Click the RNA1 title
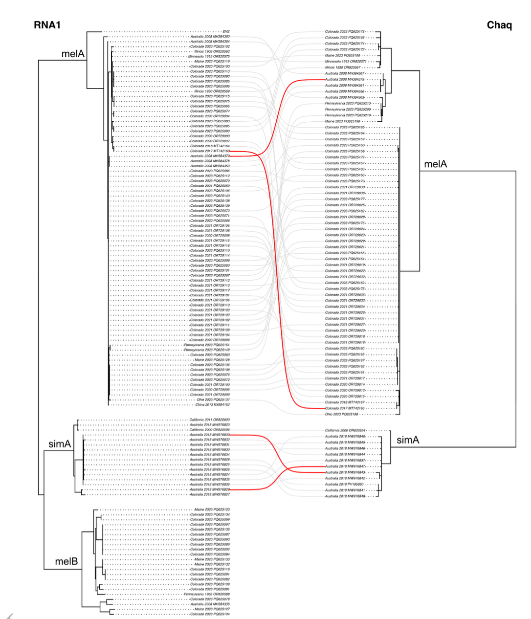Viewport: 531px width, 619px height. click(47, 25)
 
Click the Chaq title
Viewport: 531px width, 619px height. click(499, 25)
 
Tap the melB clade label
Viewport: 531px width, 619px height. click(66, 561)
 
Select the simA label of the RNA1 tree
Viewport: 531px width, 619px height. click(60, 444)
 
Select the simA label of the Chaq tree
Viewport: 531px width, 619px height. click(407, 440)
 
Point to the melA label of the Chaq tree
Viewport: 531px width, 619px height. click(435, 164)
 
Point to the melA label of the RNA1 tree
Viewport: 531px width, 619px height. click(73, 54)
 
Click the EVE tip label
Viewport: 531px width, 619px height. click(226, 31)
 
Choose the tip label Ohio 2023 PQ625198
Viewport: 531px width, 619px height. click(342, 414)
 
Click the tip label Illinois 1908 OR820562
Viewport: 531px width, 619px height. click(212, 51)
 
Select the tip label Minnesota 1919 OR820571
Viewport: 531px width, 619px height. click(345, 62)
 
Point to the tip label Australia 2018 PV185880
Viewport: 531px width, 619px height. click(344, 484)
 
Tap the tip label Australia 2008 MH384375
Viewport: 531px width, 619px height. click(344, 79)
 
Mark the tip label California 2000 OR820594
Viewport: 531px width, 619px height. click(345, 430)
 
